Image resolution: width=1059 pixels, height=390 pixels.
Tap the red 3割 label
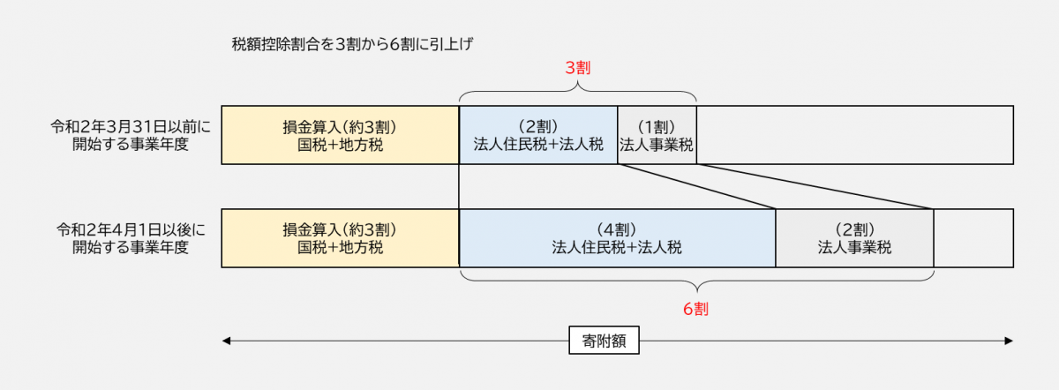(577, 68)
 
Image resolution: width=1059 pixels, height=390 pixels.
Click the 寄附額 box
(605, 341)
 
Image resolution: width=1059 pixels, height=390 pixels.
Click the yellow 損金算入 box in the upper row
(340, 135)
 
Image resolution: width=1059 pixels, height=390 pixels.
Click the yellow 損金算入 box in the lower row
(340, 238)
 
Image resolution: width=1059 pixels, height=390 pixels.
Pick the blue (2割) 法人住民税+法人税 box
(538, 135)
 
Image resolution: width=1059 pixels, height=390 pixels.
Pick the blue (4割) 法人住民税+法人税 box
(617, 238)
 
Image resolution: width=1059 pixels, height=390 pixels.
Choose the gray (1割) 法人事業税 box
(657, 135)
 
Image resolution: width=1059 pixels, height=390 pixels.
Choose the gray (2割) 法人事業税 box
(854, 238)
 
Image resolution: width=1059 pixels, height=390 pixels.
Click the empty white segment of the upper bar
(854, 135)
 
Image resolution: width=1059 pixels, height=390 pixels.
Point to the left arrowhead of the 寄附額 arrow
(227, 341)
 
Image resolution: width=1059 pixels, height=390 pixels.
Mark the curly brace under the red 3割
(577, 91)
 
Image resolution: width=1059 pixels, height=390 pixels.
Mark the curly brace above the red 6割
(696, 283)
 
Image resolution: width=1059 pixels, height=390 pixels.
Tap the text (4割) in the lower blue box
(617, 229)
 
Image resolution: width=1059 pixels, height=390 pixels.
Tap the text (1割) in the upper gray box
(657, 125)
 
